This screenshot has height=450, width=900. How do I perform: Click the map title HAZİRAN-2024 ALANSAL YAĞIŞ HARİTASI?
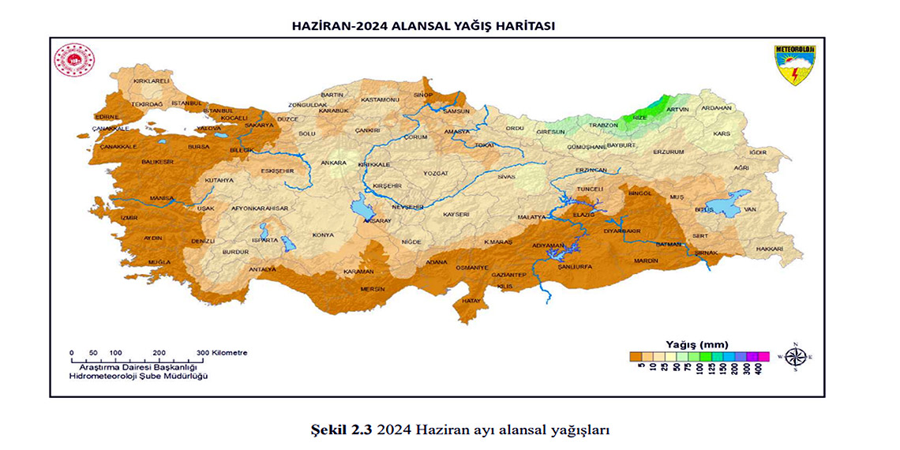click(x=423, y=25)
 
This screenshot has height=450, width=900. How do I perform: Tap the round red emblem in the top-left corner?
click(x=74, y=61)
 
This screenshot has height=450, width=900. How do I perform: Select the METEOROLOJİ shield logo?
click(x=794, y=64)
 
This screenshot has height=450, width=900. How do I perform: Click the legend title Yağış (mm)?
click(x=696, y=344)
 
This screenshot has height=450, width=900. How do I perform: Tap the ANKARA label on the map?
click(x=332, y=163)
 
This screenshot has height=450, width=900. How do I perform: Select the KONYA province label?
click(x=323, y=234)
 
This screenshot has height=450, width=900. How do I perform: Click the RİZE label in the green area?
click(x=640, y=117)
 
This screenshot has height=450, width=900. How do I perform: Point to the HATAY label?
click(x=471, y=301)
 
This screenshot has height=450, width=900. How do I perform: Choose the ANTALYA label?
click(x=262, y=269)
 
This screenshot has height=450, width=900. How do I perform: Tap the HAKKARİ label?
click(x=769, y=249)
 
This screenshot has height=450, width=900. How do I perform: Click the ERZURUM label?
click(x=668, y=152)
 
